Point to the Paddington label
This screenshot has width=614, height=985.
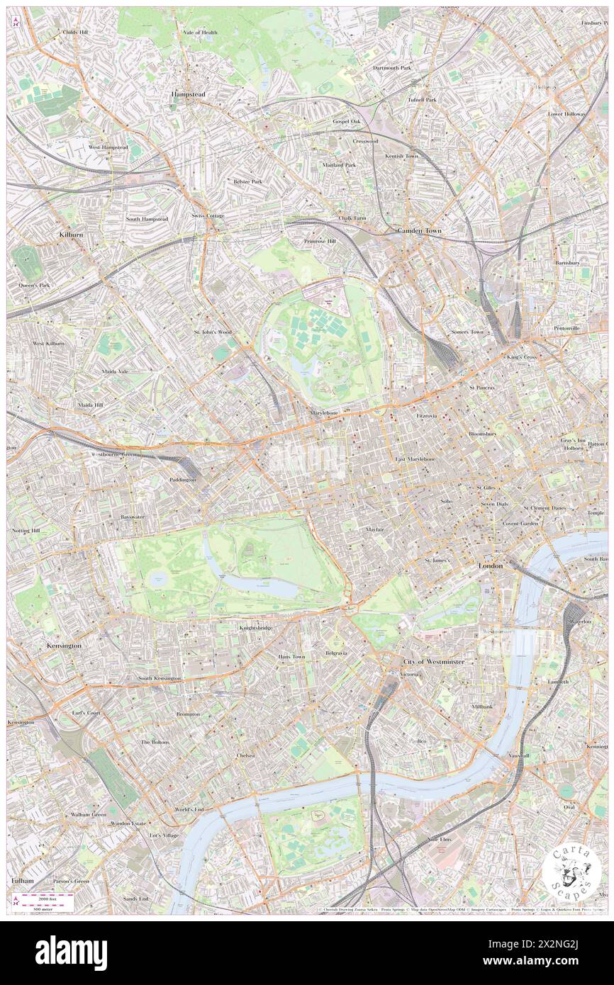tap(182, 480)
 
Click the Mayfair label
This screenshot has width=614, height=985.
tap(375, 529)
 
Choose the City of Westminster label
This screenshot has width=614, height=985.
tap(434, 661)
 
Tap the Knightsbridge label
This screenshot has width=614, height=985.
tap(256, 628)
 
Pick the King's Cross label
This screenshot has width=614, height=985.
tap(522, 357)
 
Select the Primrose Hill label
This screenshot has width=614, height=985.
tap(320, 241)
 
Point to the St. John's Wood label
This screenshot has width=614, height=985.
tap(213, 332)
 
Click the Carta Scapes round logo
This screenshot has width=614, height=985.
tap(571, 873)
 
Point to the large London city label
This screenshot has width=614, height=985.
tap(491, 566)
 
